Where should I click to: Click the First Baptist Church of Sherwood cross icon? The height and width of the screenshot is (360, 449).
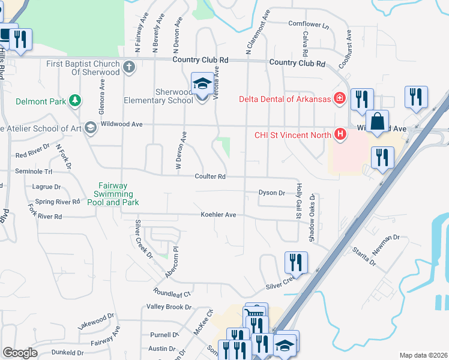point(129,67)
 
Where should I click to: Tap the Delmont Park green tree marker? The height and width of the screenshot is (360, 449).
point(75,100)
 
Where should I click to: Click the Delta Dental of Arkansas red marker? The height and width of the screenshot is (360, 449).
point(339,98)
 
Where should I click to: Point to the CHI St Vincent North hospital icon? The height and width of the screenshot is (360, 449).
point(340,133)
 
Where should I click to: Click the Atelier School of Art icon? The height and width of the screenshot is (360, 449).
point(90,127)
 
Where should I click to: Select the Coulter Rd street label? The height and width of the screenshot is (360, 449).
point(209,176)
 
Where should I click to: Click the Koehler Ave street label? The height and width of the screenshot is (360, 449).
point(218,214)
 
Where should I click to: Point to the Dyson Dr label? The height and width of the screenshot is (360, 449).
point(271,193)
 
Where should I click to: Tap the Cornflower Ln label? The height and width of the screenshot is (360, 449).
point(309,25)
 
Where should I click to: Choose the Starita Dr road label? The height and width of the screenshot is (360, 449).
point(364,257)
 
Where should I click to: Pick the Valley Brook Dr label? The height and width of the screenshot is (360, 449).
point(169,307)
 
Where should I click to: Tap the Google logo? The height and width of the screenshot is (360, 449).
point(20,353)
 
